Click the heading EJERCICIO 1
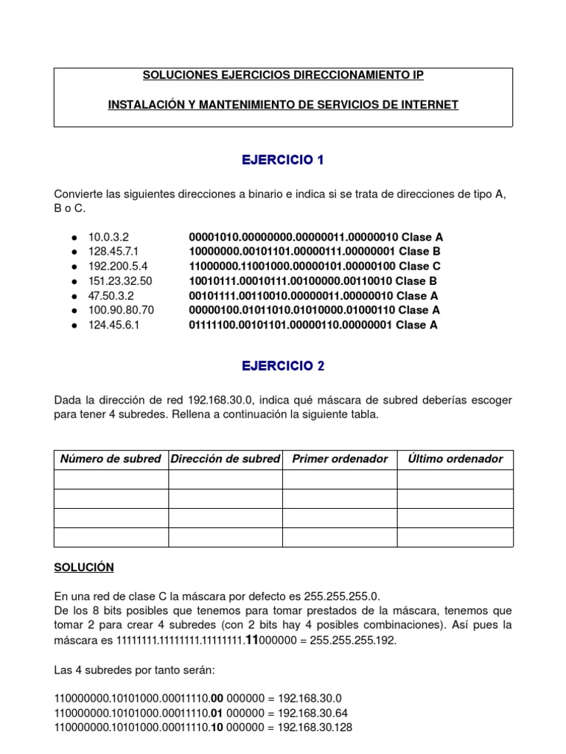[283, 161]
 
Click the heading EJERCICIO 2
[283, 366]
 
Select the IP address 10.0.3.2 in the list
[108, 237]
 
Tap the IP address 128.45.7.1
[113, 252]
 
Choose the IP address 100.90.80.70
[121, 311]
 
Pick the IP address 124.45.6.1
[113, 325]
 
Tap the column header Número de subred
[111, 459]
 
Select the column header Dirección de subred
[225, 459]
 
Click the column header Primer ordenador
[340, 459]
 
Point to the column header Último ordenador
[455, 459]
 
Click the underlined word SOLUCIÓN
[83, 567]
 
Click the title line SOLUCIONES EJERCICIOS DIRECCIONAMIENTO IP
[283, 76]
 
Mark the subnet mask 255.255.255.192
[354, 641]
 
